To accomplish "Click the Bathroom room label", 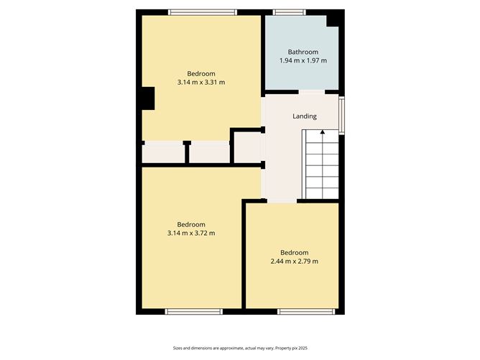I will point(303,52).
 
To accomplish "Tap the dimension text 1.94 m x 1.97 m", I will point(303,61).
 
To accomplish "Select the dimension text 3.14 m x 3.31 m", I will point(201,83).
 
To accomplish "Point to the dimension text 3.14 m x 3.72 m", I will point(191,233).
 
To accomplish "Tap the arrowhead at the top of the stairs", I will point(322,131).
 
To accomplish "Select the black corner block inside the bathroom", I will point(333,19).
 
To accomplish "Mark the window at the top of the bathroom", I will point(289,11).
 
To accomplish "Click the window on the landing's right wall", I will point(342,115).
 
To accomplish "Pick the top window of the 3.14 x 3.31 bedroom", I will point(203,11).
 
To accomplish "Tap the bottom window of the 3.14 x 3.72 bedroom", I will point(194,311).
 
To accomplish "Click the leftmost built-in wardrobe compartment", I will point(162,152).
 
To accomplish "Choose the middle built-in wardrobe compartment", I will point(208,152).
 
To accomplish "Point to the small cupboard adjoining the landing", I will point(246,147).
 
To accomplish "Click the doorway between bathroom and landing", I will point(312,92).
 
